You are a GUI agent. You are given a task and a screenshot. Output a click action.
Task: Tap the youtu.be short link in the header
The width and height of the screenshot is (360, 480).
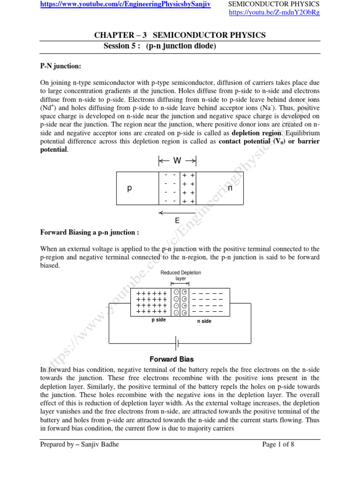click(x=274, y=12)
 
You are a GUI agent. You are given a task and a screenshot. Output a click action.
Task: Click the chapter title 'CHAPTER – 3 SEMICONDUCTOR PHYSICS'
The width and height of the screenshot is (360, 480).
click(x=180, y=35)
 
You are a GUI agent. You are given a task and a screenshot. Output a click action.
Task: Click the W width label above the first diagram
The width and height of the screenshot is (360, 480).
click(x=177, y=161)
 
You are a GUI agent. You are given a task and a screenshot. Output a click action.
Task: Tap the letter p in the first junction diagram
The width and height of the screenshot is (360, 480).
click(x=130, y=188)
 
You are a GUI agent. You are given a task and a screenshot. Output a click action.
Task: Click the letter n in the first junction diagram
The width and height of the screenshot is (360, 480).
click(x=230, y=188)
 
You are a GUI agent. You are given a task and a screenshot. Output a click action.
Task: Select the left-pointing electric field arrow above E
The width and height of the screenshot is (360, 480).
click(x=177, y=213)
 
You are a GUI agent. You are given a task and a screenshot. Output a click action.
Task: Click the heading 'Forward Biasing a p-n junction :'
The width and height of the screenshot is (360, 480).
click(x=90, y=232)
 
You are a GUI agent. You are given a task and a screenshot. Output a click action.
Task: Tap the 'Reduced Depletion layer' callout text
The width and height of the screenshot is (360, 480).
click(x=180, y=275)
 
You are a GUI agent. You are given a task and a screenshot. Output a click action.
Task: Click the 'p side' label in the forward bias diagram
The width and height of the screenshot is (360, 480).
click(x=158, y=320)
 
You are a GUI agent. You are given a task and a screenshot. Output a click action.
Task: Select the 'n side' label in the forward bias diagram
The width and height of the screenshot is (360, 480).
click(x=204, y=321)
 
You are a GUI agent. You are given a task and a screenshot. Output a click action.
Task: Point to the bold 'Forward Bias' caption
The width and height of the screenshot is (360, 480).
click(x=171, y=360)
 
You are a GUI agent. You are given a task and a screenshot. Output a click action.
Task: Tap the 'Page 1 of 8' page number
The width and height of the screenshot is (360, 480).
click(x=278, y=445)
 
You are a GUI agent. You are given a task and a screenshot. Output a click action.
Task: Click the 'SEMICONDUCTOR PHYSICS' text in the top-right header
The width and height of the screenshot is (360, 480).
click(x=274, y=4)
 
